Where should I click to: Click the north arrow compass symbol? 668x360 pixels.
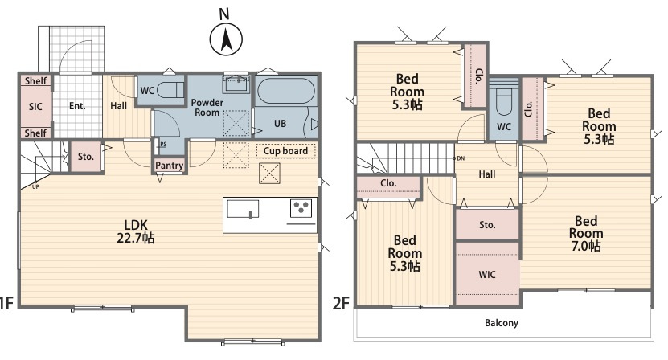pos(226,39)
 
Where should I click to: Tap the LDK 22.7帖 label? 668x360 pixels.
pos(136,231)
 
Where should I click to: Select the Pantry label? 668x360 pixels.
pos(169,166)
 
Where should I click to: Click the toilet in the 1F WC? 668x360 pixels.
pos(170,90)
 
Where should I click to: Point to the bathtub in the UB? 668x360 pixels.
pos(286,91)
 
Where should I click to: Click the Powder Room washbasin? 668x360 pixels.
pos(237,84)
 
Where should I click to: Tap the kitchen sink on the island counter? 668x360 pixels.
pos(243,209)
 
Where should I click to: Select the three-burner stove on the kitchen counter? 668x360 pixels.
pos(301,208)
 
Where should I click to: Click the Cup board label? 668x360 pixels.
pos(285,151)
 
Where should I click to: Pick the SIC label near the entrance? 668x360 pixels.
pos(35,107)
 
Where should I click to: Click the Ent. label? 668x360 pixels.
pos(77,106)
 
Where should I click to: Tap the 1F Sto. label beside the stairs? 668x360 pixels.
pos(86,157)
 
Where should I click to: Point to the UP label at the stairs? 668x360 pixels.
pos(36,187)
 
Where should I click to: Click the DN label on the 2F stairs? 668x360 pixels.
pos(461,158)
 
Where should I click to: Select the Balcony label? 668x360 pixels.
pos(502,323)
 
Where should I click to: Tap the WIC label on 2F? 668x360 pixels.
pos(487,275)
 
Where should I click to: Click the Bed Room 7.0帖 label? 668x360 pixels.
pos(586,234)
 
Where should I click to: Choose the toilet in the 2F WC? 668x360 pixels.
pos(503,102)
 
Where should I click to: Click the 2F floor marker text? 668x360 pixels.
pos(341,303)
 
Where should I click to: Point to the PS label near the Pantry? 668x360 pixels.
pos(163,145)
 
